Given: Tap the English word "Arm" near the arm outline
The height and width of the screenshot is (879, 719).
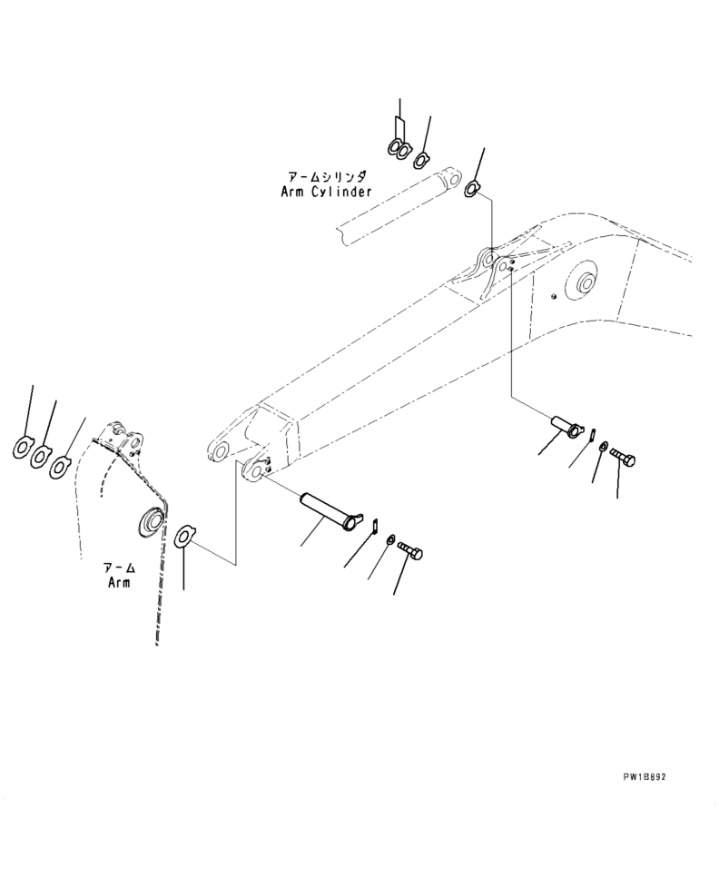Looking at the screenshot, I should tap(118, 582).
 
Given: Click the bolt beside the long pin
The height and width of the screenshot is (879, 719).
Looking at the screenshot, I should tap(410, 549).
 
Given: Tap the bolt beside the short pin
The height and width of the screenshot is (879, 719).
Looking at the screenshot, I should tap(623, 456).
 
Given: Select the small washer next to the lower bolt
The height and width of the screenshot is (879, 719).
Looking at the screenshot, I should tap(389, 540).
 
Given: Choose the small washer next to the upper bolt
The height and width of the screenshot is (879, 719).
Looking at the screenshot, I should tap(603, 447).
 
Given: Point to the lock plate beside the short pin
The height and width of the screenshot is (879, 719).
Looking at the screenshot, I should tap(589, 435).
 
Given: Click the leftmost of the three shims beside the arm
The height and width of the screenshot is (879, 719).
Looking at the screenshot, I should tap(22, 447).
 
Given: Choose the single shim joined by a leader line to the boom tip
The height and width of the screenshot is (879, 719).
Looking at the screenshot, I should tap(182, 536).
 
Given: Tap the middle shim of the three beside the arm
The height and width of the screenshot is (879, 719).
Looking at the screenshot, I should tap(41, 457).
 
